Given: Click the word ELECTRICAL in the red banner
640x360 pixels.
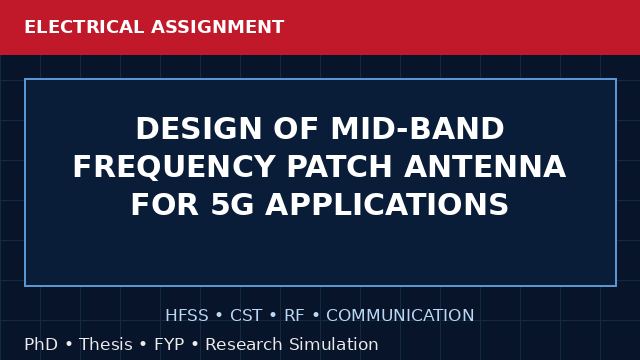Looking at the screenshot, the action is (84, 27).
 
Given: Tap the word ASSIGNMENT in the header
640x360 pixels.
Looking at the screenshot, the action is (218, 27).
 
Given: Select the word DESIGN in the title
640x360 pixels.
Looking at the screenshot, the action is (199, 129).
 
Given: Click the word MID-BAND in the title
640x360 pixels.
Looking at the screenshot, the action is (418, 129).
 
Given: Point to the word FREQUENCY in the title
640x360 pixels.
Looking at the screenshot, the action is (173, 167).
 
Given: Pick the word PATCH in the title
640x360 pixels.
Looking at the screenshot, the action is (340, 167).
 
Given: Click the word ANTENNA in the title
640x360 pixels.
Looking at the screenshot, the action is (485, 167).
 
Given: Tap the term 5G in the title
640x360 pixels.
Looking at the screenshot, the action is (233, 204).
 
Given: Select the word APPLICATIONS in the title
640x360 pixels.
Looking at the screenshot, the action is (387, 204).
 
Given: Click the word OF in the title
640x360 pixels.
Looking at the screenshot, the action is (296, 129).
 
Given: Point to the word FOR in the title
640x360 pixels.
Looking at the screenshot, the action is (165, 204).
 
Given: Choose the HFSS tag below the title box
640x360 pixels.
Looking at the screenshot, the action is (187, 315).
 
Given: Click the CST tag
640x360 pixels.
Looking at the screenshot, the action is (246, 315).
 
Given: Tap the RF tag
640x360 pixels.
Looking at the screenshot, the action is (294, 315).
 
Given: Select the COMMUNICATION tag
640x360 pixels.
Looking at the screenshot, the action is (400, 315).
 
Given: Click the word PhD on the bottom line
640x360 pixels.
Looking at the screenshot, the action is (41, 344).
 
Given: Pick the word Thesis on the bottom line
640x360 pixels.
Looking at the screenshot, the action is (106, 344).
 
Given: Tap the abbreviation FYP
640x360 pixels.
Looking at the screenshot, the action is (169, 344).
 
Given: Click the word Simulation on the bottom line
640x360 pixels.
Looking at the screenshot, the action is (334, 344).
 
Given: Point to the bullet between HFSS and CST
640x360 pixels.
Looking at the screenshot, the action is (219, 316).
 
